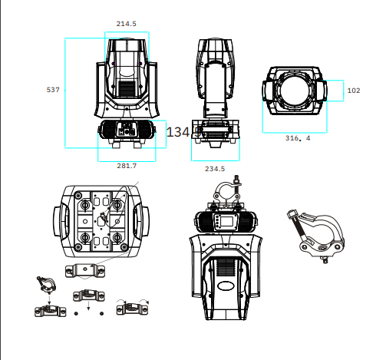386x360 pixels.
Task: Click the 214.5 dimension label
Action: tap(127, 24)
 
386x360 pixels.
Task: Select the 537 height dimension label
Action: tap(53, 90)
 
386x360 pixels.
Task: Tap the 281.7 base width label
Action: tap(127, 166)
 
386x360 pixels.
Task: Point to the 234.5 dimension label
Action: tap(215, 169)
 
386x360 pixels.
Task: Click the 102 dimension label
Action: tap(354, 91)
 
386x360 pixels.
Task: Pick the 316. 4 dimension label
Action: tap(298, 138)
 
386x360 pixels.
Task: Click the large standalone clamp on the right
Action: tap(316, 236)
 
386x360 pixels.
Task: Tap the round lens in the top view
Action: tap(295, 90)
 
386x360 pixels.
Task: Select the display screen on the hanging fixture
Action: tap(227, 221)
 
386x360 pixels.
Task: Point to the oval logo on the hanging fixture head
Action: tap(226, 286)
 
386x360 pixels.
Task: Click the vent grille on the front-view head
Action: tap(127, 88)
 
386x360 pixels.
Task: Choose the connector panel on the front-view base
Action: tap(127, 129)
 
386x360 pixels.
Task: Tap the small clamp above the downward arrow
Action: tap(46, 283)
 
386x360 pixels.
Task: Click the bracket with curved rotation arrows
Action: tap(132, 307)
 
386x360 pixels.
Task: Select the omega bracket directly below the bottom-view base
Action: tap(85, 271)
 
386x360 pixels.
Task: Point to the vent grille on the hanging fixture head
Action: tap(226, 267)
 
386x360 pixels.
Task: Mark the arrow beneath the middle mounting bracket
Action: tap(88, 306)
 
